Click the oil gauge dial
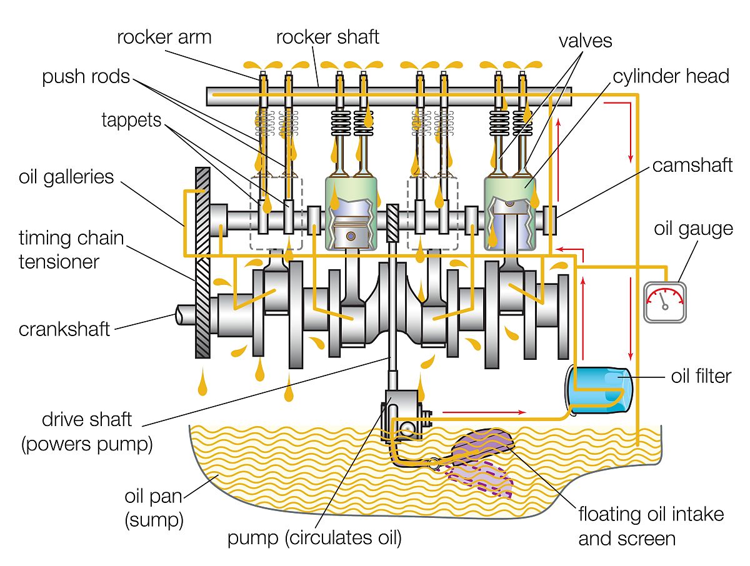665,303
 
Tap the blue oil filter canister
598,389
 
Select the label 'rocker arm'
164,37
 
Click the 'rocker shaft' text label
327,37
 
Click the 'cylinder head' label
671,76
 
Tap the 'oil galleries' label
66,177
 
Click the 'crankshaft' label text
64,329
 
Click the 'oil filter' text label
701,377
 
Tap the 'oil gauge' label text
693,228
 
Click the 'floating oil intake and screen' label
650,526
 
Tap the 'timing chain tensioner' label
71,249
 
